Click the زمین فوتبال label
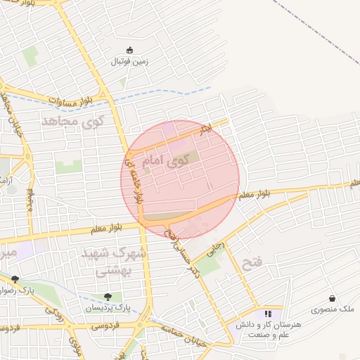point(129,61)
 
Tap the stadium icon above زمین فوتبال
point(129,49)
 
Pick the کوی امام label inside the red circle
point(171,161)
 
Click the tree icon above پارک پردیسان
point(108,297)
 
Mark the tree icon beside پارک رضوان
point(15,279)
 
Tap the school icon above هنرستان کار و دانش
point(267,314)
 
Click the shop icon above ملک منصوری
point(332,298)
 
